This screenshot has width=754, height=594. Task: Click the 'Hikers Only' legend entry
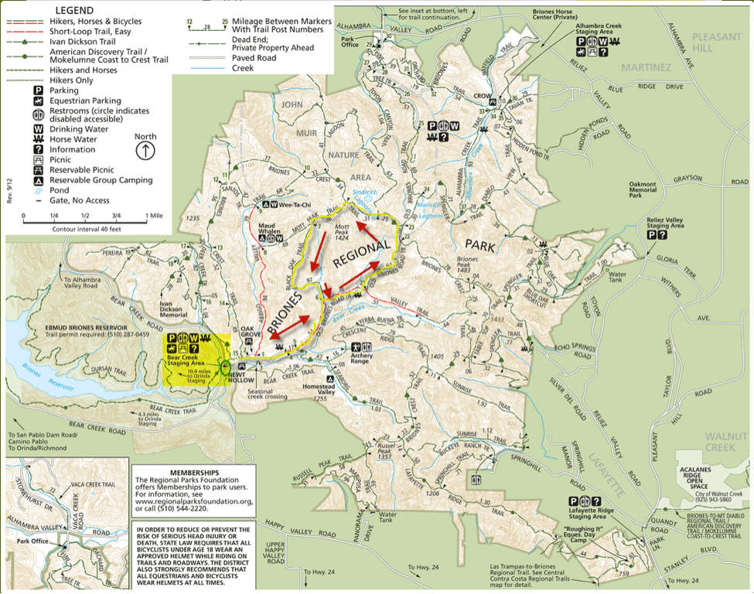71,79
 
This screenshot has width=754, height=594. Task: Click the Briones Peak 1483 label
467,262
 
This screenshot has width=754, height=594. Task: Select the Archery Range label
360,360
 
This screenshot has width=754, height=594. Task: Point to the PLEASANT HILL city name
716,42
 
